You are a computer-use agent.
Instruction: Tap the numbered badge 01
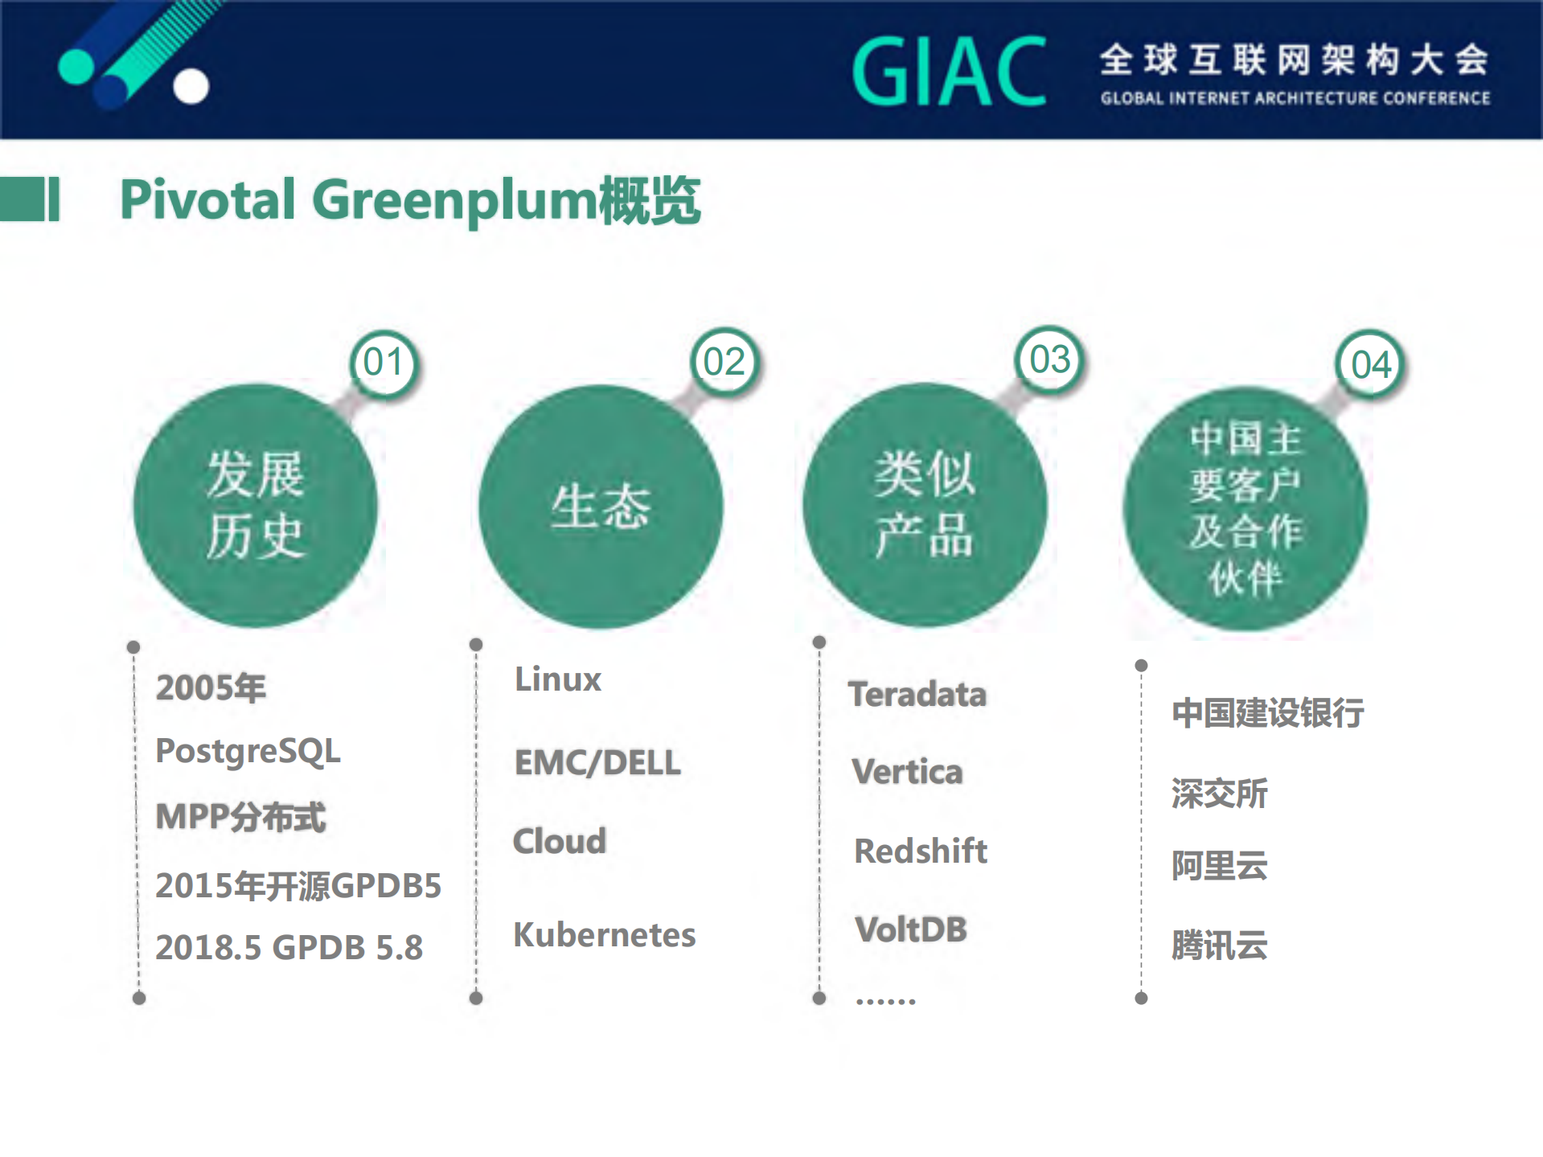click(384, 363)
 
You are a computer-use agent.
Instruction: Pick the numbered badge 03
click(1049, 360)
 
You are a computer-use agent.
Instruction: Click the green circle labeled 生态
click(600, 507)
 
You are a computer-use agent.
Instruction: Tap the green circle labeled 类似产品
click(924, 505)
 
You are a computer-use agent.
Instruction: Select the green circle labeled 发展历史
click(255, 506)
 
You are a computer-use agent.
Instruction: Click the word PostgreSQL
click(248, 751)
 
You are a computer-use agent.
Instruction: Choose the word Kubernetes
click(604, 935)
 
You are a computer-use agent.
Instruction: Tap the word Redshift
click(920, 851)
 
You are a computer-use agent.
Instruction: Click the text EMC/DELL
click(597, 762)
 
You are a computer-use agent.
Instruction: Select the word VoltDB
click(910, 929)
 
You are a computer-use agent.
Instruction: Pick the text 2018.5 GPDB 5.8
click(289, 947)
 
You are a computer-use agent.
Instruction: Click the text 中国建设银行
click(1267, 713)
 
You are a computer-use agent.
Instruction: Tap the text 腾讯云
click(1219, 946)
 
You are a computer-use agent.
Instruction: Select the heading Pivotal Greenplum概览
click(410, 200)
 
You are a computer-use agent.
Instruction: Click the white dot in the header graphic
click(191, 86)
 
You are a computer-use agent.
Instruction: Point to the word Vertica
click(906, 772)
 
